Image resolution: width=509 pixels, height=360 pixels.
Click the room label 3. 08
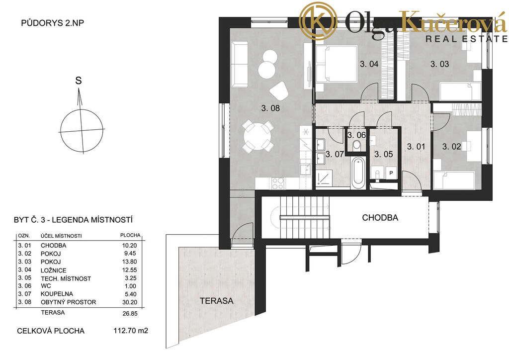270,108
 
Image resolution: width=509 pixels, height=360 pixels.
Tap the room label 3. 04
369,64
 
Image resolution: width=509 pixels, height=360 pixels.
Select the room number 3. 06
356,135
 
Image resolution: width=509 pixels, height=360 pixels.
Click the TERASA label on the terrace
217,301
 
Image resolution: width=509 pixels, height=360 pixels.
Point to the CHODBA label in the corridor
380,217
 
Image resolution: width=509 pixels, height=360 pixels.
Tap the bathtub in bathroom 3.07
358,173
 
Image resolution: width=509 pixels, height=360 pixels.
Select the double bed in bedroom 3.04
337,64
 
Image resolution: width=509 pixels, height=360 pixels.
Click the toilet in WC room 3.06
357,145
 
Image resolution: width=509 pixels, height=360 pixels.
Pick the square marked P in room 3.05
391,173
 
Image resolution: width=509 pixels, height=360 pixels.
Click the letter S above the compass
78,81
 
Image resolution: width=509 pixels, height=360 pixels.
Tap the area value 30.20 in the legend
130,302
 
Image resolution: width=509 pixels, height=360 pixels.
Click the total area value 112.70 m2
131,331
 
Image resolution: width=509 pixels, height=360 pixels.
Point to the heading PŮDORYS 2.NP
53,23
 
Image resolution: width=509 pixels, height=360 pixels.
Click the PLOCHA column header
130,235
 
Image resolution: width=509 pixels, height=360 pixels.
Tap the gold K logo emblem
318,21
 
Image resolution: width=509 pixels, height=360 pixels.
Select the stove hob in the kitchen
278,183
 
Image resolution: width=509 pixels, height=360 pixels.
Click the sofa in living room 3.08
239,64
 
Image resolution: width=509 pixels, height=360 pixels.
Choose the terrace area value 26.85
130,314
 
